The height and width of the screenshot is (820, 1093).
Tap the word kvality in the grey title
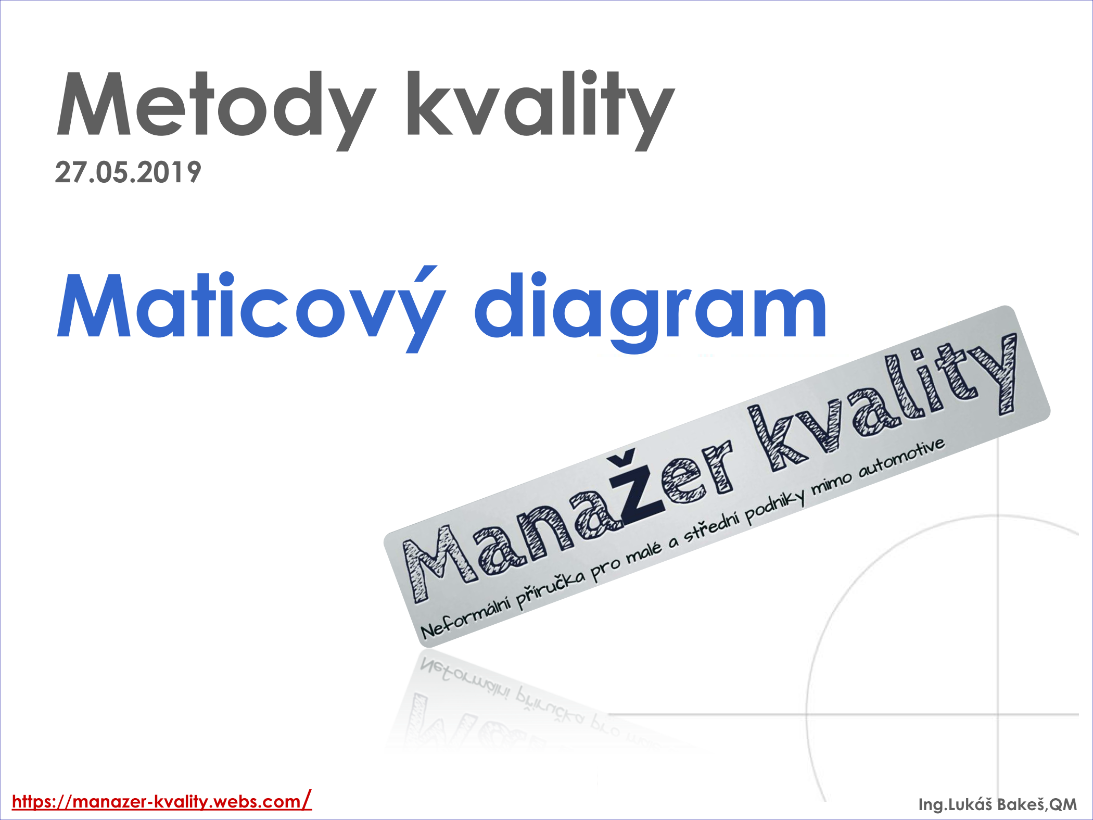click(541, 110)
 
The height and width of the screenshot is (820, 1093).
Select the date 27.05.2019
click(128, 172)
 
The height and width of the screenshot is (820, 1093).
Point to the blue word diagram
click(651, 312)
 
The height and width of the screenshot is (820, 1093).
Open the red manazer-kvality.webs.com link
click(162, 800)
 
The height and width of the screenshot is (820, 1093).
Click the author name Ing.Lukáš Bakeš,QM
click(997, 804)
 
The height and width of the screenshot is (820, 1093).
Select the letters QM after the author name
click(1063, 804)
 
